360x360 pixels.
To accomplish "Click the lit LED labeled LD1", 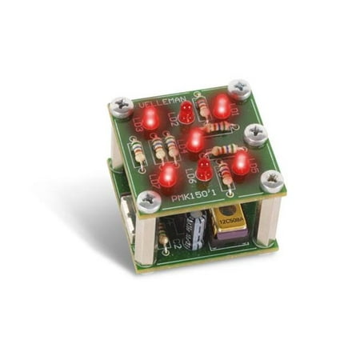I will tap(222, 106).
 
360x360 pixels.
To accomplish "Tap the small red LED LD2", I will tap(186, 113).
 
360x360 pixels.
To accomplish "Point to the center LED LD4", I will tap(194, 142).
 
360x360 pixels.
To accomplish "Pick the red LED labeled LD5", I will tap(240, 163).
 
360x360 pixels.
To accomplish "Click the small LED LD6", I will tap(204, 170).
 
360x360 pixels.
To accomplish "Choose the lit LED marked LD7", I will tap(168, 175).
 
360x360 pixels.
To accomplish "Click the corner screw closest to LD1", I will tap(238, 87).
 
